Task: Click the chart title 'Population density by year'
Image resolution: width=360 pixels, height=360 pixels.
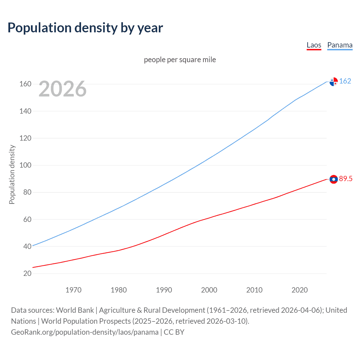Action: [85, 28]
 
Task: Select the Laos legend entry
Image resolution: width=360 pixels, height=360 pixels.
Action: [314, 45]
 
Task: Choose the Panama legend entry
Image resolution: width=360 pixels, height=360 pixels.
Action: [340, 45]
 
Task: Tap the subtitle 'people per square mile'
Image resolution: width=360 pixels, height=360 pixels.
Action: [180, 60]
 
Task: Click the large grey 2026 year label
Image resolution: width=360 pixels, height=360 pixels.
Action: [62, 89]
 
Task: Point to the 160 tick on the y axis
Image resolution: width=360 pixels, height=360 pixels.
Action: [25, 84]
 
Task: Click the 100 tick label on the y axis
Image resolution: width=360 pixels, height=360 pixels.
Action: [25, 165]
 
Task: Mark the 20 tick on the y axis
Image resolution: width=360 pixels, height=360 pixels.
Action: [27, 274]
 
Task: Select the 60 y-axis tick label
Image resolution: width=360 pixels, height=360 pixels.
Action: [27, 219]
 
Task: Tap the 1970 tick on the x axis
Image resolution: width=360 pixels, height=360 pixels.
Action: [73, 290]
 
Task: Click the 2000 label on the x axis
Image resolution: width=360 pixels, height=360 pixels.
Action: [209, 290]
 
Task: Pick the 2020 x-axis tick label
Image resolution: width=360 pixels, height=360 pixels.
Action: [300, 290]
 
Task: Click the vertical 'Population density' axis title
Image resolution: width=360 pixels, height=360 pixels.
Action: [12, 174]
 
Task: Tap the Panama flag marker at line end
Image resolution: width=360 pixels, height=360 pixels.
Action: [334, 82]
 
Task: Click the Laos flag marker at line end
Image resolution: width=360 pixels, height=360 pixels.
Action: [334, 179]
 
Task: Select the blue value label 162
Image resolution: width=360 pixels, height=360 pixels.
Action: [345, 81]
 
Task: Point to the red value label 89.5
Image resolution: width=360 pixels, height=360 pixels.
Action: [346, 179]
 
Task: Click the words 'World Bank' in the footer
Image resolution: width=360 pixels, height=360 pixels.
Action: [75, 310]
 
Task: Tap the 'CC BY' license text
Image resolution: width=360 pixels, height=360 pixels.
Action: [174, 332]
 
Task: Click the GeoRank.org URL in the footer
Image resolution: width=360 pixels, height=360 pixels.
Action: [85, 332]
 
